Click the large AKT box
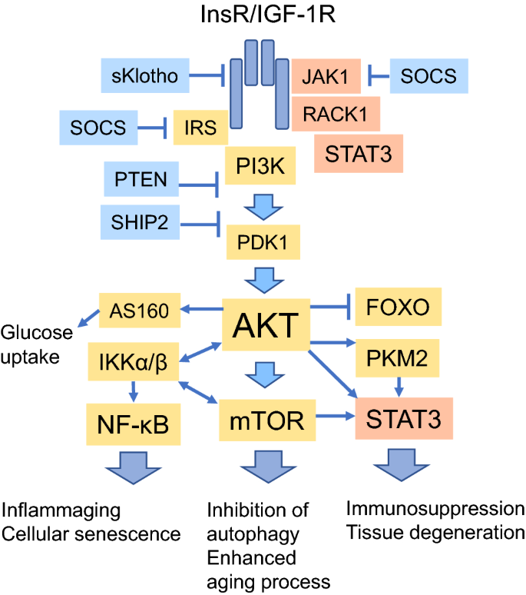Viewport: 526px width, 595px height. pyautogui.click(x=265, y=326)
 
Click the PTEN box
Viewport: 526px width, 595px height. pyautogui.click(x=141, y=180)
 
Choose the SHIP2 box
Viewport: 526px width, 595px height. pyautogui.click(x=141, y=221)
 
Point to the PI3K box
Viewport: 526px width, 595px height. pyautogui.click(x=260, y=165)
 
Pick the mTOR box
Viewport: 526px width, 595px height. pyautogui.click(x=263, y=420)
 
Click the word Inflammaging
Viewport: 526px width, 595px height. pyautogui.click(x=61, y=510)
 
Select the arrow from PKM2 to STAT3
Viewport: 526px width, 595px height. pyautogui.click(x=399, y=384)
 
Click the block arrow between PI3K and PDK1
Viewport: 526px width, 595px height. pyautogui.click(x=263, y=204)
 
